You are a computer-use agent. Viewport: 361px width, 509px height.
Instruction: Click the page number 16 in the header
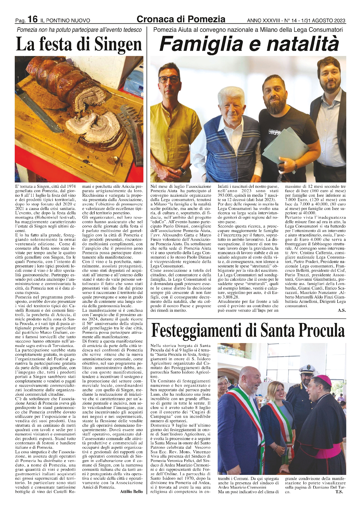tap(33, 19)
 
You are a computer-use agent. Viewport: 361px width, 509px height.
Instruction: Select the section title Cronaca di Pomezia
tap(181, 19)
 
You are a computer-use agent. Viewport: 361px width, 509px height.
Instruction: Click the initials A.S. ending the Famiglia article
tap(342, 310)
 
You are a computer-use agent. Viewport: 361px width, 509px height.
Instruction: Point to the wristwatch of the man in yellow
tap(182, 171)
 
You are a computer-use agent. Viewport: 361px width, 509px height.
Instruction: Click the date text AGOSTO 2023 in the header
tap(329, 20)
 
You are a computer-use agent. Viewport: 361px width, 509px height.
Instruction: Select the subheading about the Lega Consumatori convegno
tap(248, 30)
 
